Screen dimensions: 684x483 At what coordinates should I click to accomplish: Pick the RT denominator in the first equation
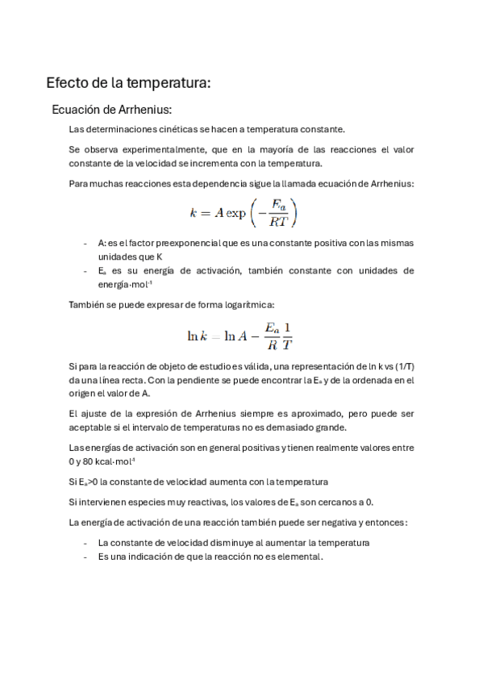(278, 221)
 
